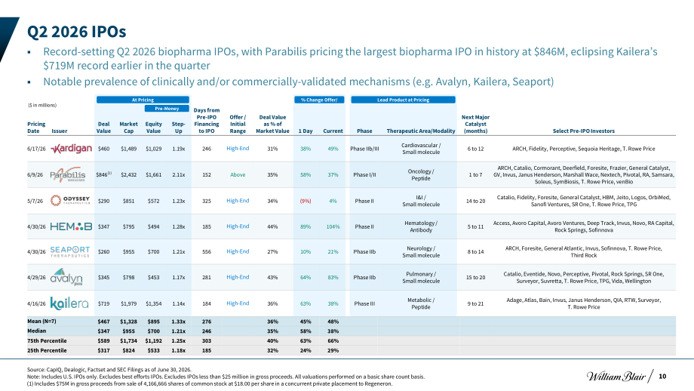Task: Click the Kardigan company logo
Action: pyautogui.click(x=71, y=149)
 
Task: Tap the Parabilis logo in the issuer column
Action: pyautogui.click(x=68, y=174)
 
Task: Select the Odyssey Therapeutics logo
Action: pyautogui.click(x=70, y=201)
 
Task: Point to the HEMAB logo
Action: pyautogui.click(x=71, y=226)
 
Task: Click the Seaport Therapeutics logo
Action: pyautogui.click(x=70, y=251)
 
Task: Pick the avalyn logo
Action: pyautogui.click(x=66, y=277)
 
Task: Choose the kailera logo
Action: pyautogui.click(x=69, y=303)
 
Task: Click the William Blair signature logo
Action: pyautogui.click(x=616, y=377)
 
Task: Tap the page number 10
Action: pyautogui.click(x=662, y=377)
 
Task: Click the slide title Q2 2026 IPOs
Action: pyautogui.click(x=77, y=32)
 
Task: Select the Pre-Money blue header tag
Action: pyautogui.click(x=167, y=109)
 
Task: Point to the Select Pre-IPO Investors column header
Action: pyautogui.click(x=583, y=131)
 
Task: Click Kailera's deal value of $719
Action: pyautogui.click(x=103, y=303)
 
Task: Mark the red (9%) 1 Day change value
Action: pyautogui.click(x=306, y=201)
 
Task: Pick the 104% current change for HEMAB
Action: pyautogui.click(x=333, y=226)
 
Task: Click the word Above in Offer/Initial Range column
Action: pyautogui.click(x=238, y=175)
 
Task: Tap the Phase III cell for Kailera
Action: pyautogui.click(x=364, y=303)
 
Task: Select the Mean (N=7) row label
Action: pyautogui.click(x=41, y=322)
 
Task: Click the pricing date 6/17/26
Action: pyautogui.click(x=36, y=149)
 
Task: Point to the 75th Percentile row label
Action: pyautogui.click(x=47, y=341)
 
